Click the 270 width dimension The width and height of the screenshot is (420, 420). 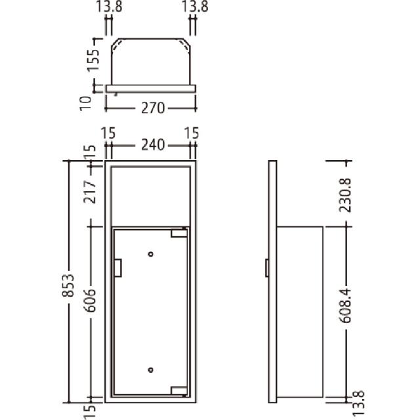[153, 108]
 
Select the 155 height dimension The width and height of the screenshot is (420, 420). [93, 60]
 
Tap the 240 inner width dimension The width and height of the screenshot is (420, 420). [153, 145]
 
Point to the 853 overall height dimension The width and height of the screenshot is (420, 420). [68, 285]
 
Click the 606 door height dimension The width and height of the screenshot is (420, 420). [90, 301]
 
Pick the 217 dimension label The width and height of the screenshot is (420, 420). [90, 192]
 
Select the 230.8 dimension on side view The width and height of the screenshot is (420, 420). [345, 196]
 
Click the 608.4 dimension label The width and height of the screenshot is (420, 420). [345, 306]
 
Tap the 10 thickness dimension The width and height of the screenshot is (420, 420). [86, 104]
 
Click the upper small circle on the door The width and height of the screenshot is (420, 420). [151, 254]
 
